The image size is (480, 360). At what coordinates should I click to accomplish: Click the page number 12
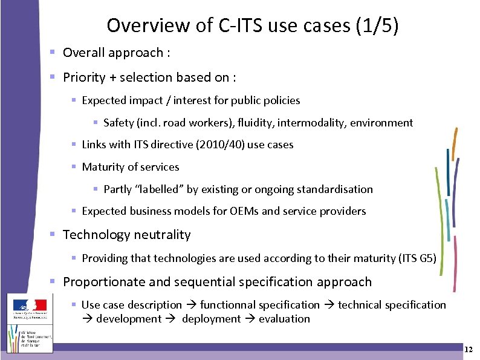point(469,350)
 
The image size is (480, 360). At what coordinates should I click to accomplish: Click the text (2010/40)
point(209,145)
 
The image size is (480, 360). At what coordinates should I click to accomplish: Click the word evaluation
point(284,319)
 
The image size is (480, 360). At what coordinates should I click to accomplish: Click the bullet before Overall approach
point(53,53)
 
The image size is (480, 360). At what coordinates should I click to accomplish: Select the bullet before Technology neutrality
point(53,235)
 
